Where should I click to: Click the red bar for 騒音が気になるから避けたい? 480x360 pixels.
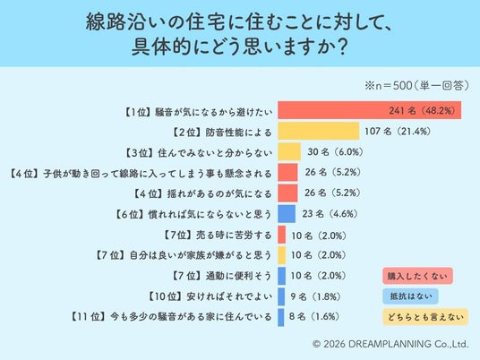click(370, 110)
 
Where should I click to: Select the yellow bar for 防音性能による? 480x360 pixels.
click(319, 131)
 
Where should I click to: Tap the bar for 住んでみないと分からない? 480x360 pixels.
click(289, 151)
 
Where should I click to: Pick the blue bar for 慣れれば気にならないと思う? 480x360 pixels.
click(287, 214)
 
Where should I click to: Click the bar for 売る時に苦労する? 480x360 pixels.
click(281, 235)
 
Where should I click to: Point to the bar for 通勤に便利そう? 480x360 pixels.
click(281, 276)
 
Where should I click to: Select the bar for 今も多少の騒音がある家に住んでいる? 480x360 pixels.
click(280, 317)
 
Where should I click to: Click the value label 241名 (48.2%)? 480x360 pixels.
click(422, 110)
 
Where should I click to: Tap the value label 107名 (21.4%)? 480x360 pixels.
click(398, 132)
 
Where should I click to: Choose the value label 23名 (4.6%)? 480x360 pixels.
click(330, 214)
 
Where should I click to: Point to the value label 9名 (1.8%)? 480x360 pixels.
click(315, 296)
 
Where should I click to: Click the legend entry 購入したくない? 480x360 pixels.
click(417, 276)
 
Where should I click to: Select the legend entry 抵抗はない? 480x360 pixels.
click(410, 296)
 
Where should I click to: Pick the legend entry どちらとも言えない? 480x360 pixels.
click(425, 317)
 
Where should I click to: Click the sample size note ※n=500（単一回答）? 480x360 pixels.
click(416, 85)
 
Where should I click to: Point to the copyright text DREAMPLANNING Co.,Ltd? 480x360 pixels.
click(408, 344)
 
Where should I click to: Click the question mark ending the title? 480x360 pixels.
click(343, 47)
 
